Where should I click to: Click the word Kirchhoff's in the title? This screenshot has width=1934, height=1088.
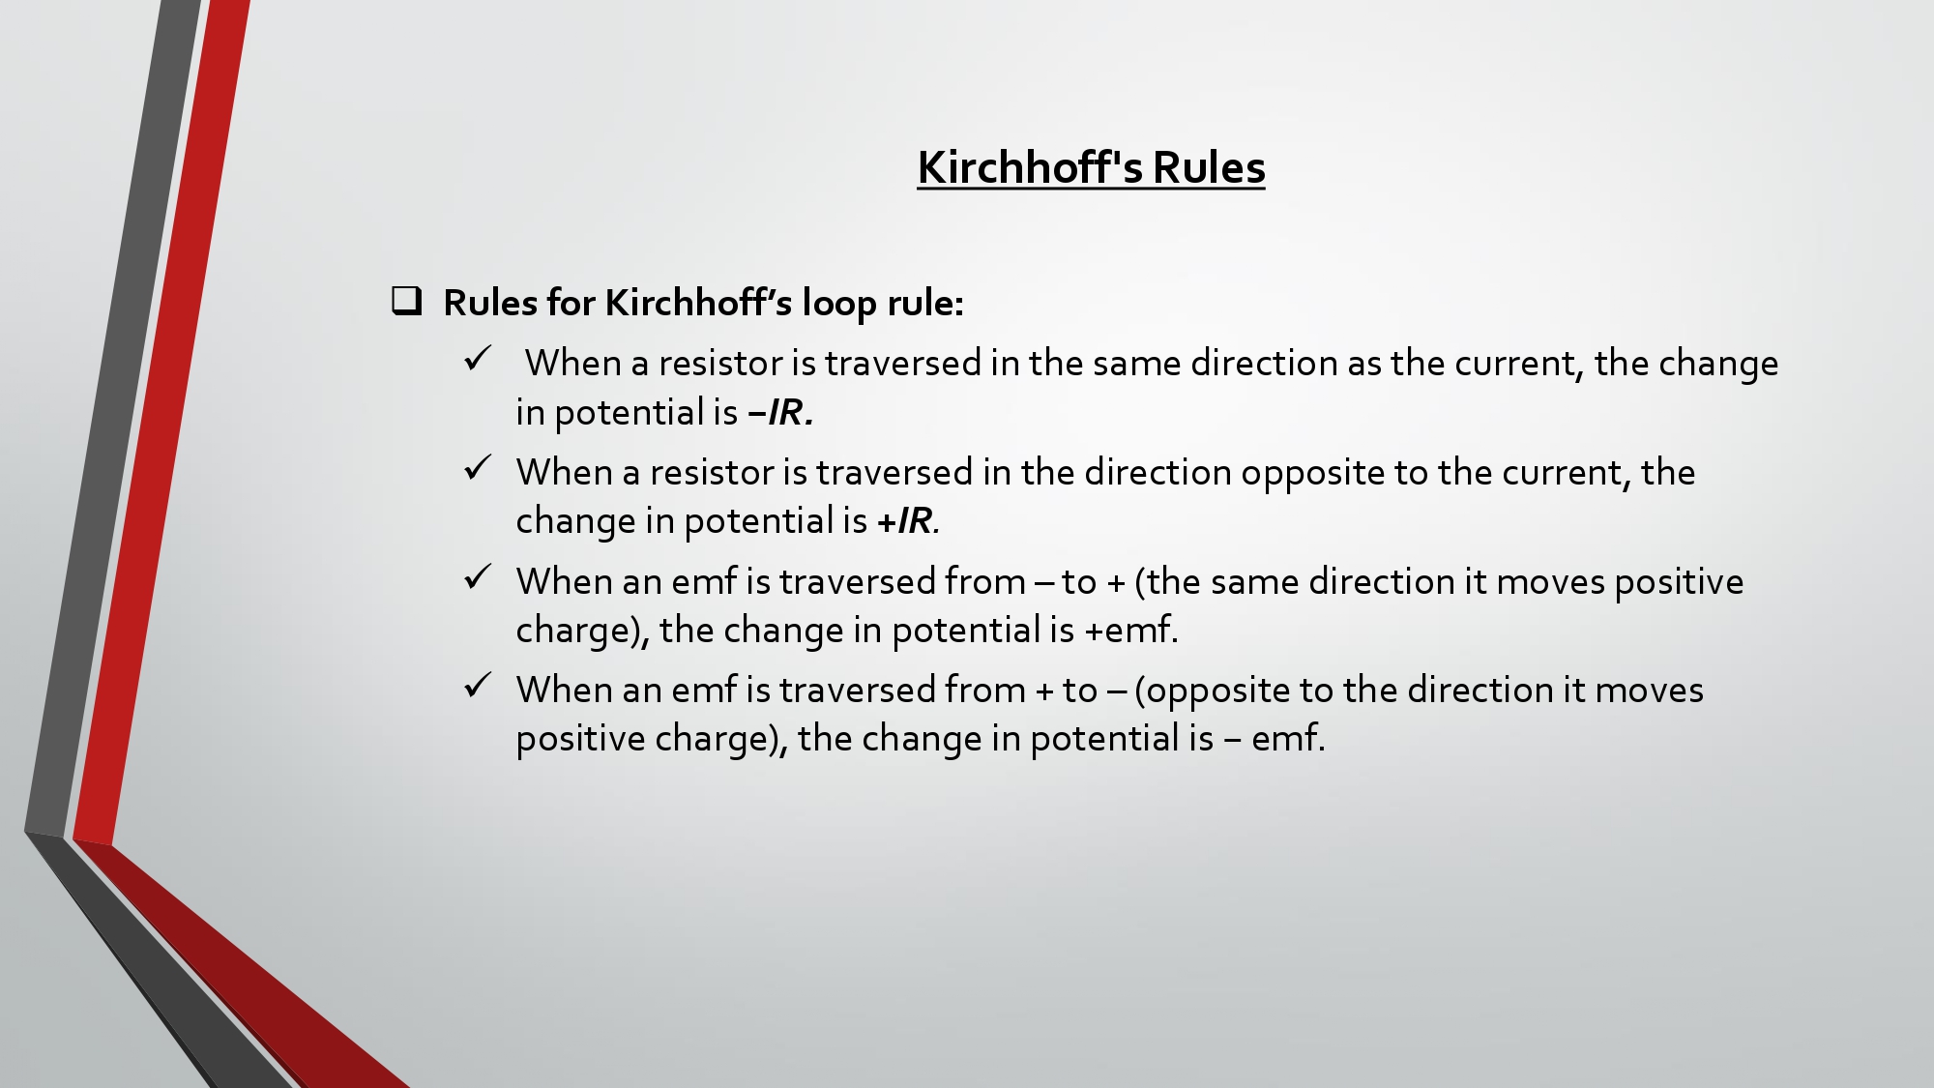1029,167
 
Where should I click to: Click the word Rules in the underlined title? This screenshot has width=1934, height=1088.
1209,167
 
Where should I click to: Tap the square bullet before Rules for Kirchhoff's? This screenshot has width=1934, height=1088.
407,301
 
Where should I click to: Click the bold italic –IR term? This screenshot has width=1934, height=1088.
780,413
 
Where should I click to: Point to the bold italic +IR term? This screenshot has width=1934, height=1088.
908,521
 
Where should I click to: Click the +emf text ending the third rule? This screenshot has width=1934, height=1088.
1131,630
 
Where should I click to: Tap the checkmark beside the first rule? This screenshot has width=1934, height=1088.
478,359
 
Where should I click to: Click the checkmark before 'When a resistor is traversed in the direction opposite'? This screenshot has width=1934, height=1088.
478,468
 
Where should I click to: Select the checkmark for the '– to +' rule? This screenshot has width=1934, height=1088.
478,577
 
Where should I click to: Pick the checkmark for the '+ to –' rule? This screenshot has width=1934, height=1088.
478,686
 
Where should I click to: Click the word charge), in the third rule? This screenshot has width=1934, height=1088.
583,632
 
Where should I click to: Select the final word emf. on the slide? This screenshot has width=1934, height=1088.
1288,739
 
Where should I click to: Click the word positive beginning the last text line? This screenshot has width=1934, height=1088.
581,740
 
